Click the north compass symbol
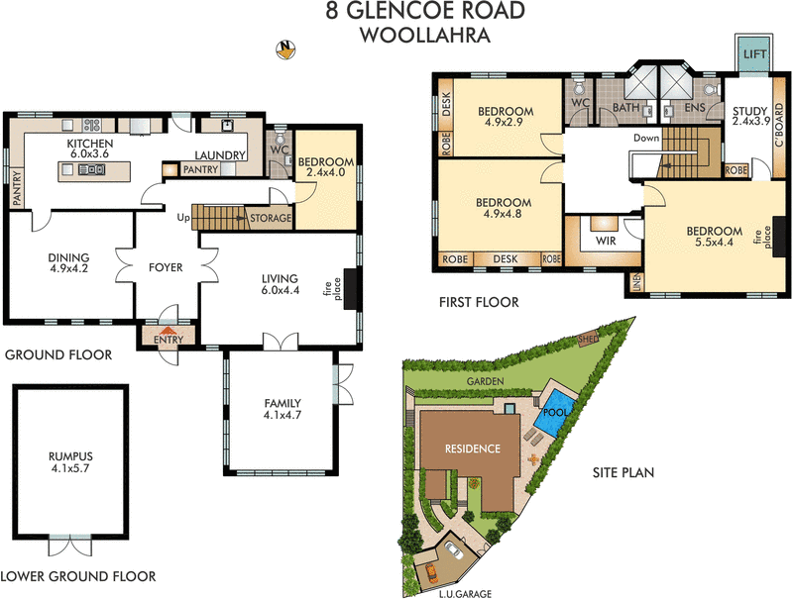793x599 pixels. (x=285, y=50)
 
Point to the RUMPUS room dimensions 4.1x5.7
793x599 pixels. (x=68, y=470)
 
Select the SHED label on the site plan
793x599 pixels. (x=588, y=343)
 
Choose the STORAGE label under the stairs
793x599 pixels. (x=270, y=218)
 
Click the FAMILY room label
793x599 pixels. (x=283, y=403)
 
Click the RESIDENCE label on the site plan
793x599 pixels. (x=472, y=448)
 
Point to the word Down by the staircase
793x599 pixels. (x=645, y=139)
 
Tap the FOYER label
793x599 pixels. (x=166, y=266)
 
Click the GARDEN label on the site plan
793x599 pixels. (x=488, y=381)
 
